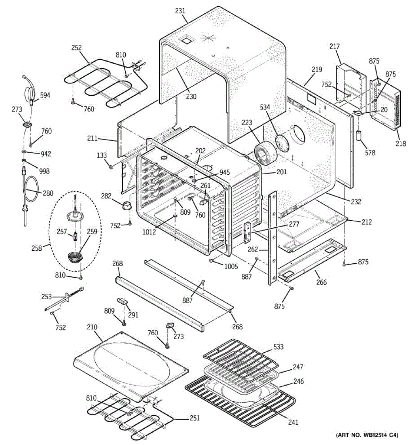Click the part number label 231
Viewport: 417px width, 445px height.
pyautogui.click(x=180, y=11)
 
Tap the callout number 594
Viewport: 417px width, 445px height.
pyautogui.click(x=45, y=95)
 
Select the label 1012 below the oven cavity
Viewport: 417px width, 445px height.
pyautogui.click(x=149, y=232)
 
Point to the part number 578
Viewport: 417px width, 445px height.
pyautogui.click(x=370, y=153)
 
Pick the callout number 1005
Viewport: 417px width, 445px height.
pyautogui.click(x=231, y=266)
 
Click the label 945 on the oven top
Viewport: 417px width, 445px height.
pyautogui.click(x=225, y=172)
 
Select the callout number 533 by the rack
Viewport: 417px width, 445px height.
pyautogui.click(x=278, y=347)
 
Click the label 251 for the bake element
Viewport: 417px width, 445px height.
pyautogui.click(x=195, y=418)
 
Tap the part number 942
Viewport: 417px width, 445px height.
pyautogui.click(x=46, y=154)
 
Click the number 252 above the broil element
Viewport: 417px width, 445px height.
pyautogui.click(x=77, y=48)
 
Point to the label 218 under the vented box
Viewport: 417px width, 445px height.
pyautogui.click(x=401, y=144)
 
